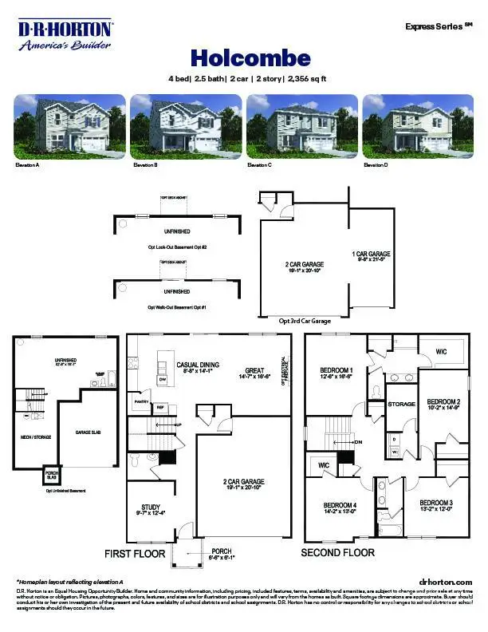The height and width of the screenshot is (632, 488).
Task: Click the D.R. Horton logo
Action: (66, 35)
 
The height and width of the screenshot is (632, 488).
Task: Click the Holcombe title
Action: (238, 57)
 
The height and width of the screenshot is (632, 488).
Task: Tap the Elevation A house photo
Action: (69, 124)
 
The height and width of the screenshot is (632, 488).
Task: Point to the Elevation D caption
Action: (376, 164)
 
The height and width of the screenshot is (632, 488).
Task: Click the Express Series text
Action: (435, 26)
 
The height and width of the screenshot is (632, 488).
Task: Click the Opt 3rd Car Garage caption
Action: (305, 320)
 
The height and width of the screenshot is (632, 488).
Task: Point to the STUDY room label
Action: (152, 506)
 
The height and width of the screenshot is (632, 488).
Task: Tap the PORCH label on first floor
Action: (221, 551)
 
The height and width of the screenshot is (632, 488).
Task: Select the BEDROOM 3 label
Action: (436, 502)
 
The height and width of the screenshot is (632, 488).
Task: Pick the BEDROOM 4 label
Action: (340, 505)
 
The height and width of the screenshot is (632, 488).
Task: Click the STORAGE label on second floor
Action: (401, 405)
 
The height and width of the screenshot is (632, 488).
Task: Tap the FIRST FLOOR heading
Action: (135, 553)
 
